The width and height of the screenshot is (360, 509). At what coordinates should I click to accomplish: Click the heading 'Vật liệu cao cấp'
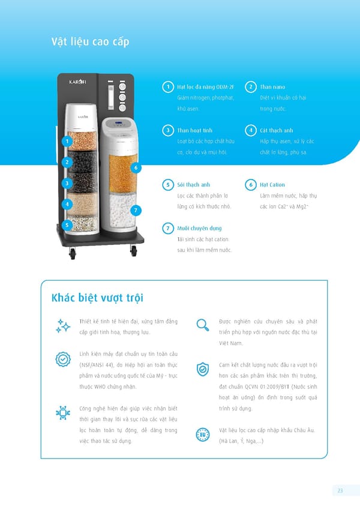tap(90, 42)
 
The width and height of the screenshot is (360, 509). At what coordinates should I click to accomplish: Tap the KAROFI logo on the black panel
tap(77, 82)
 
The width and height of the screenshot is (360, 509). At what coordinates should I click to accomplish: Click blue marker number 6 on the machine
tap(136, 168)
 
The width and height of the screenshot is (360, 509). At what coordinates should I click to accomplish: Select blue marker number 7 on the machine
tap(136, 210)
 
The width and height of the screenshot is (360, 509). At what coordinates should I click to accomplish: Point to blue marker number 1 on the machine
tap(67, 141)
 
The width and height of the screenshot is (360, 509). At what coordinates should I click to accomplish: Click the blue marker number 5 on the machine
tap(67, 225)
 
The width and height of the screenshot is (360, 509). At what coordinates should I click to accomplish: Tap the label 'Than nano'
tap(272, 87)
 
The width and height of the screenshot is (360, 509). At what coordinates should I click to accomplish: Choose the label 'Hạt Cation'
tap(272, 185)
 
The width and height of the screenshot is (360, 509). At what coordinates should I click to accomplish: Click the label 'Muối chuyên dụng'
tap(199, 228)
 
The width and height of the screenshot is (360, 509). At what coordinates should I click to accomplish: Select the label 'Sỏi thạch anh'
tap(193, 185)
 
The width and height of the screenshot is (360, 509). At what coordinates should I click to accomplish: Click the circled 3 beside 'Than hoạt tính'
tap(168, 130)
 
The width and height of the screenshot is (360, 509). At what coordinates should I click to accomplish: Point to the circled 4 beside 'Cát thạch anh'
tap(251, 130)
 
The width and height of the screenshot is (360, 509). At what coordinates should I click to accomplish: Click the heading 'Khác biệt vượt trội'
tap(97, 298)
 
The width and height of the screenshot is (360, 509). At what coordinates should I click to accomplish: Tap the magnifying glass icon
tap(203, 325)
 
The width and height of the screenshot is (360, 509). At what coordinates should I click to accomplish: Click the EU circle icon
tap(203, 435)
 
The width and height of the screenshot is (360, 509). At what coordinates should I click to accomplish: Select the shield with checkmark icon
tap(203, 369)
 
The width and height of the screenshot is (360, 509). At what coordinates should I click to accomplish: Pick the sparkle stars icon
tap(63, 326)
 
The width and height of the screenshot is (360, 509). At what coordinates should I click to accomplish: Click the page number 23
tap(340, 490)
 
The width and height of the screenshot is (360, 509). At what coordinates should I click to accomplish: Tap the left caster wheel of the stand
tap(73, 253)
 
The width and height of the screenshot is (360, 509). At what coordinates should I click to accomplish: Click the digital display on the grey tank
tap(119, 124)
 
